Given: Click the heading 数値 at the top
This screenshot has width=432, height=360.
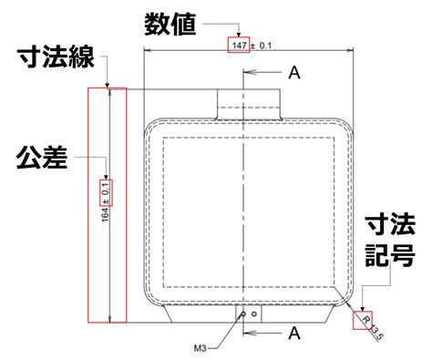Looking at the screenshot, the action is pos(170,25).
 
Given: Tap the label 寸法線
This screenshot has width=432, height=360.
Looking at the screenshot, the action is pos(56,57).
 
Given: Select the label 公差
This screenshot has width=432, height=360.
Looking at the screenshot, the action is pos(42,157).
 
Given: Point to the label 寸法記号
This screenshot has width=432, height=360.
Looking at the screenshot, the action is pos(390,241).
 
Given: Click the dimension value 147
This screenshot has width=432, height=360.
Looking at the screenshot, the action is pos(239,46).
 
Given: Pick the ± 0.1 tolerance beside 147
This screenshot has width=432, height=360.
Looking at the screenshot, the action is pos(261,46).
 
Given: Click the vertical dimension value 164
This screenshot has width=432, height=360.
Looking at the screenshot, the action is pos(105,214).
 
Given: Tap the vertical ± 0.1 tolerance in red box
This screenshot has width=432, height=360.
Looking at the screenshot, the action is pos(106,192).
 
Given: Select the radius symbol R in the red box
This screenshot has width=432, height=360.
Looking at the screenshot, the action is pos(366,320).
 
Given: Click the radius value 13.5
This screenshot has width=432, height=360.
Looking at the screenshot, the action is pos(377,333).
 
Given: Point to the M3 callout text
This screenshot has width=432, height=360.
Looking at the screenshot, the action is pos(201,348).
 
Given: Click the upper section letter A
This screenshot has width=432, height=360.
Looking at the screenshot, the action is pos(294,73).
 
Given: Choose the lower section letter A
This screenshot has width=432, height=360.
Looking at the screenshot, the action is pos(294,334).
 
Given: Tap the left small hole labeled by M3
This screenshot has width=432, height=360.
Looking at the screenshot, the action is pos(243,314).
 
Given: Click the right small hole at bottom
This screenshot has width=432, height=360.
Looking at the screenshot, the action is pos(254,314).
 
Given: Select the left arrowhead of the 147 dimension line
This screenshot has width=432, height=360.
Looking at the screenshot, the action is pos(148,50).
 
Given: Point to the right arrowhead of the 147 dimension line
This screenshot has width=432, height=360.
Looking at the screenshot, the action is pos(349,50).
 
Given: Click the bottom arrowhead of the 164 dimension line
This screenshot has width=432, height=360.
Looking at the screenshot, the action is pos(110,318).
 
